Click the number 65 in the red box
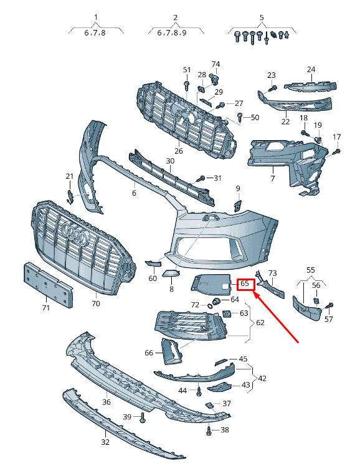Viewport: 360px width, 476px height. click(245, 284)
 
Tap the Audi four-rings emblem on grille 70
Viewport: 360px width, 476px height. click(74, 234)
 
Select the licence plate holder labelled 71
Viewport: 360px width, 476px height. click(49, 285)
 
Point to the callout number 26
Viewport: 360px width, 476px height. click(179, 151)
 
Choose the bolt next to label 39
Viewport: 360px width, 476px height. click(143, 418)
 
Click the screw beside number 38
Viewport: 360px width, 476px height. click(209, 431)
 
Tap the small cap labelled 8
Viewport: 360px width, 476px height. click(171, 274)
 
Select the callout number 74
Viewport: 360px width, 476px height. click(216, 64)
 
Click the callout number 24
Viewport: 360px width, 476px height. click(311, 70)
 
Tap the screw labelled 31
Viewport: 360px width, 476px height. click(202, 178)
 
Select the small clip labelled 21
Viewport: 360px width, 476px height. click(70, 197)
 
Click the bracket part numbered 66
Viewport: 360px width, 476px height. click(171, 351)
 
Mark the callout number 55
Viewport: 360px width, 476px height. click(311, 270)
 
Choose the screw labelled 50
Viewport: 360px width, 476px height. click(240, 117)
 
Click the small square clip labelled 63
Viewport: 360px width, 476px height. click(227, 313)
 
